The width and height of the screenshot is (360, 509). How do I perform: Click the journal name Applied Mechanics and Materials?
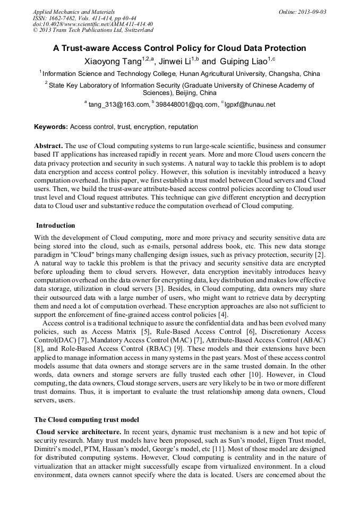74,12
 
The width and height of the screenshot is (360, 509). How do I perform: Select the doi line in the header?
93,24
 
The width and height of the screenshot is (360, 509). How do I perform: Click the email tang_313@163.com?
118,105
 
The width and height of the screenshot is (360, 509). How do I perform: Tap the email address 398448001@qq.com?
186,105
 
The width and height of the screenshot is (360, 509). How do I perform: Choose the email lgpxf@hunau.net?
250,105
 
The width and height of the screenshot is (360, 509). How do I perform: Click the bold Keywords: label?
51,127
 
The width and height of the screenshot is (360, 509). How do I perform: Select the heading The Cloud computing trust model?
86,420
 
